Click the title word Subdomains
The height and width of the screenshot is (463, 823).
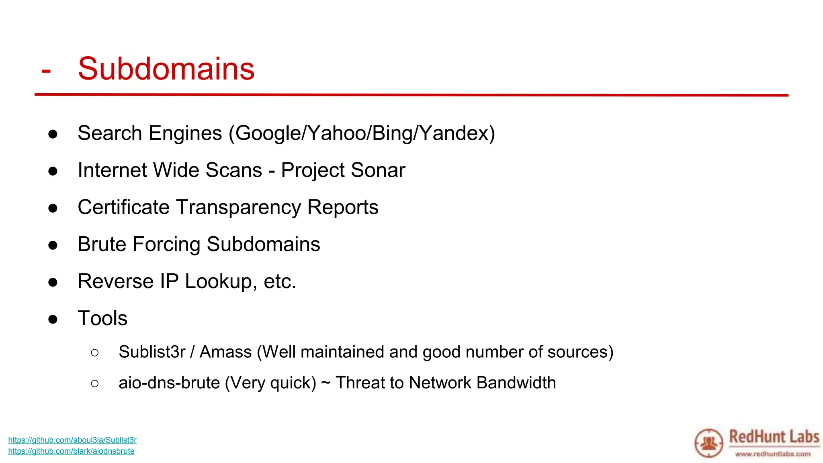[166, 69]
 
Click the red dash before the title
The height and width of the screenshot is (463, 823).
[46, 71]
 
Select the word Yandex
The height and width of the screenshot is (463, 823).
[454, 133]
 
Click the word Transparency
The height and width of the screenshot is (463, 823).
[238, 207]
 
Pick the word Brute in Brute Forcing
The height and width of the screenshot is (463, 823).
[102, 244]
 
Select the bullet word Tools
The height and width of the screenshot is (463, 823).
[102, 318]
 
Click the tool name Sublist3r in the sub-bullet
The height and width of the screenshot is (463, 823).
[152, 352]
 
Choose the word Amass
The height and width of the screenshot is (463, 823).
[225, 352]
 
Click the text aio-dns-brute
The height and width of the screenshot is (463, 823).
[169, 383]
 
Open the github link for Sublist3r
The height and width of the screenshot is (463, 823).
[72, 440]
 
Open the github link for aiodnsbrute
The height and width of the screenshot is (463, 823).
[71, 451]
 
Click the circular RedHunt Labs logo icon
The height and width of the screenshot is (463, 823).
[708, 443]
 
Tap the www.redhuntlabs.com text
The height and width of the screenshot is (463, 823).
[772, 454]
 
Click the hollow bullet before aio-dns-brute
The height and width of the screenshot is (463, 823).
[95, 383]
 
